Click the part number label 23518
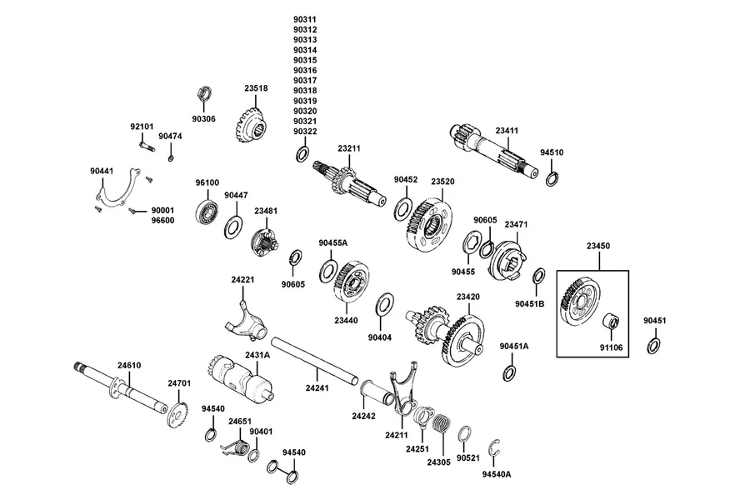pos(256,88)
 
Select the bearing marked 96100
pos(207,212)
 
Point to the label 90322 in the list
pos(305,132)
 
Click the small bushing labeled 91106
pos(612,320)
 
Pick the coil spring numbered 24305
pos(442,423)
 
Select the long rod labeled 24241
pos(315,360)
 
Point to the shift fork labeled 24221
pos(246,321)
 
